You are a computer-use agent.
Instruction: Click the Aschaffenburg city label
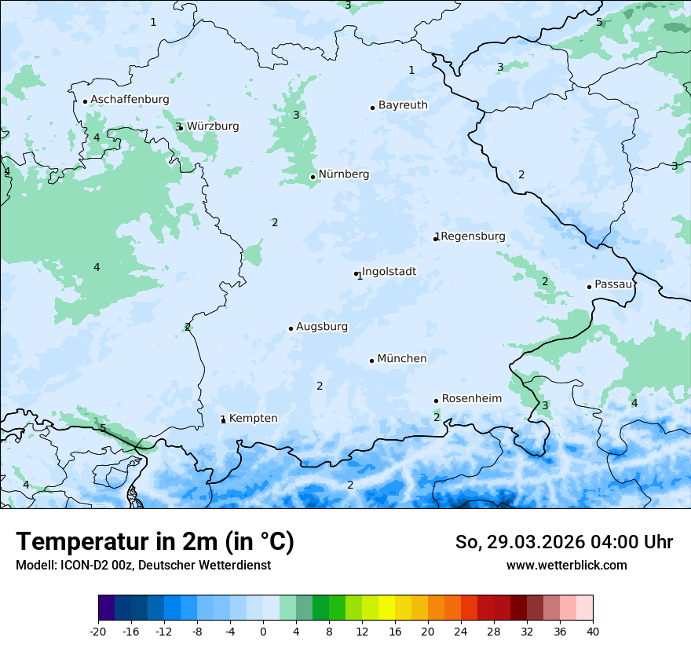tap(130, 100)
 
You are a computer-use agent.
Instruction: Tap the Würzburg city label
tap(213, 126)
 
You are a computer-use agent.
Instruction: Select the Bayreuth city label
tap(403, 105)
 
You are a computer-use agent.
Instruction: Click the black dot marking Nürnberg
tap(313, 177)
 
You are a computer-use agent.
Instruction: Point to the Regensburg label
tap(473, 236)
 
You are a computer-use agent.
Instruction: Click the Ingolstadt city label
tap(389, 272)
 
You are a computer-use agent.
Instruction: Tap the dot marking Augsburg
tap(291, 328)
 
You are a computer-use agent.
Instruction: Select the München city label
tap(402, 359)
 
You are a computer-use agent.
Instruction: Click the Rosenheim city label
tap(471, 399)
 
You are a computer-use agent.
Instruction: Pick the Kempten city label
tap(253, 419)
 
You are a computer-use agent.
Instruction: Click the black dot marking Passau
tap(589, 287)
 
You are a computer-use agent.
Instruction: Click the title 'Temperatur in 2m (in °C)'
tap(155, 542)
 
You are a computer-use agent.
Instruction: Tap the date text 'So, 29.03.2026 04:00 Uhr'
tap(564, 542)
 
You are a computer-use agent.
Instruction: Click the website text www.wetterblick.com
tap(566, 566)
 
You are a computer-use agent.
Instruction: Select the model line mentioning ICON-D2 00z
tap(143, 566)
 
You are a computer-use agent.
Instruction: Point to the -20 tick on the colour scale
tap(98, 632)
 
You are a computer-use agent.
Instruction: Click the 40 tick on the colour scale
tap(593, 632)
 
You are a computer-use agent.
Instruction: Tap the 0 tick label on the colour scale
tap(263, 632)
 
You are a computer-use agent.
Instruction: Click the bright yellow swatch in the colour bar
tap(386, 608)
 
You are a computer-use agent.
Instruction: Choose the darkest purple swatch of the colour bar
tap(107, 608)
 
